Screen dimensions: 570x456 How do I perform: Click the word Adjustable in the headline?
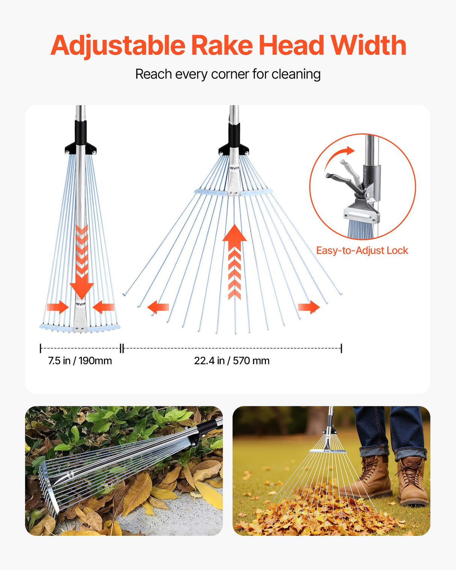click(x=118, y=46)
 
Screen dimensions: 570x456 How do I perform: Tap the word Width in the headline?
click(x=368, y=45)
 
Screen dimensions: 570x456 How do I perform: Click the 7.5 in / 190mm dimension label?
click(x=80, y=360)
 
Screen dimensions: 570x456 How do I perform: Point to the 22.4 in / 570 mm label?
click(x=232, y=360)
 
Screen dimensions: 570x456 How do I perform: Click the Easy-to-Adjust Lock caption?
click(x=362, y=250)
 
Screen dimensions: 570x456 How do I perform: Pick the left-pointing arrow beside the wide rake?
click(x=158, y=307)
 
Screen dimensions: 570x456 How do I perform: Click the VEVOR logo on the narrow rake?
click(x=80, y=304)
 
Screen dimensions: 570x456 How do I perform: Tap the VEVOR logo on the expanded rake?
click(x=234, y=168)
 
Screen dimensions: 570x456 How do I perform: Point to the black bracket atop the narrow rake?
click(x=80, y=147)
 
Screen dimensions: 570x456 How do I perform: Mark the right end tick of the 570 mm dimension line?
click(x=341, y=348)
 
